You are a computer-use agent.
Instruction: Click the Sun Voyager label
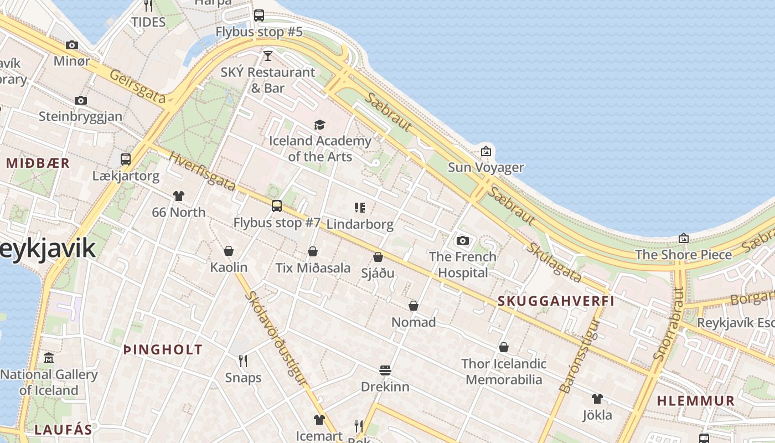point(485,167)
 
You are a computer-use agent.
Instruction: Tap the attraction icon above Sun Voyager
point(485,151)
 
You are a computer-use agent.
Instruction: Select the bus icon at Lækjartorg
point(126,159)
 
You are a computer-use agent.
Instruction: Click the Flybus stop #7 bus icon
point(276,206)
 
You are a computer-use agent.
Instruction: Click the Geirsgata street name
point(137,86)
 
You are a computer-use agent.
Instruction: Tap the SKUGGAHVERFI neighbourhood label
point(556,301)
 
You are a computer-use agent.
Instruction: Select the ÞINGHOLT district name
point(163,349)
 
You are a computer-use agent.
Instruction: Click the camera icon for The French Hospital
point(463,240)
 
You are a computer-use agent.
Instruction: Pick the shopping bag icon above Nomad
point(413,306)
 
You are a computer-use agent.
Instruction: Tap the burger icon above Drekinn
point(385,370)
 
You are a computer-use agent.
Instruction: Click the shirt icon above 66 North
point(178,196)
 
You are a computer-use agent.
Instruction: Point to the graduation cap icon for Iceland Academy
point(319,125)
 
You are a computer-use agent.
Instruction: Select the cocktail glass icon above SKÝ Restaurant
point(268,55)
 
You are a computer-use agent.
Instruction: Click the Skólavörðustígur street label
point(275,338)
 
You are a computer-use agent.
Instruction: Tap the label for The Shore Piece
point(683,255)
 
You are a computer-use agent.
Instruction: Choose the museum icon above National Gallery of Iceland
point(49,358)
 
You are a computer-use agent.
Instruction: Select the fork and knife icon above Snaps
point(242,361)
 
